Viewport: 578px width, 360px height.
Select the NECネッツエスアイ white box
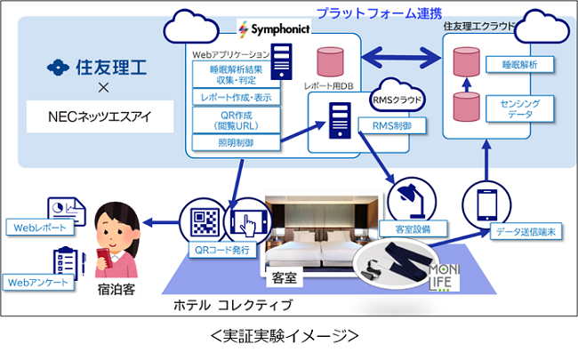99,116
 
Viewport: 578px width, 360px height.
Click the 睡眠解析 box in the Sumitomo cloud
513,65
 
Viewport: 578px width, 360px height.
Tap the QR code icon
198,220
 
